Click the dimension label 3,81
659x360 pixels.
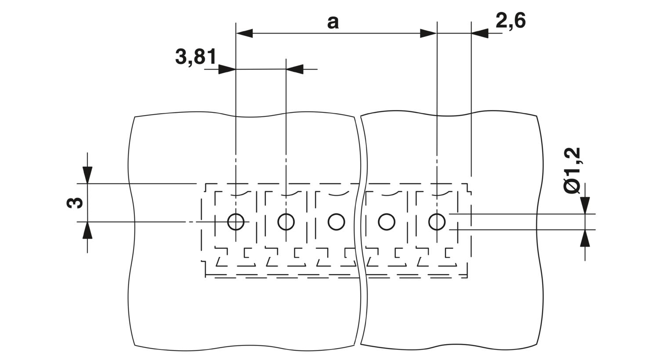coord(196,57)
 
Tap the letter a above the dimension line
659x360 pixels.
coord(333,23)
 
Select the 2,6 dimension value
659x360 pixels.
coord(511,21)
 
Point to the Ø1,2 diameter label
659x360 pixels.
coord(572,170)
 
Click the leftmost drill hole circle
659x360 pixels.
coord(235,222)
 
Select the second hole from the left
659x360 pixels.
coord(286,222)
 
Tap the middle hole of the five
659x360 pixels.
coord(336,222)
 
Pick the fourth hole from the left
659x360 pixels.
coord(387,222)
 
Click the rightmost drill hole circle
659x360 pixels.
coord(437,222)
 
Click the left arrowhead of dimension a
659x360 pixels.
coord(244,33)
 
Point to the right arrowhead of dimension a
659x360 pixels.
coord(428,33)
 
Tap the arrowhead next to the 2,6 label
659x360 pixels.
coord(480,33)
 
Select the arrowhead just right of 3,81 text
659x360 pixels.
coord(227,69)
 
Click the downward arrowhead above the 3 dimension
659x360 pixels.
coord(87,175)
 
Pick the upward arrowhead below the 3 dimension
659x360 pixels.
coord(87,230)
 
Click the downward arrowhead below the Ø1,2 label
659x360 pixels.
coord(585,205)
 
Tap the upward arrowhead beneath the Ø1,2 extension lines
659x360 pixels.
coord(585,238)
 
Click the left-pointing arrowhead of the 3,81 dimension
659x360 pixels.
coord(294,69)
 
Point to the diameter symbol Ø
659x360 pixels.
coord(572,187)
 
